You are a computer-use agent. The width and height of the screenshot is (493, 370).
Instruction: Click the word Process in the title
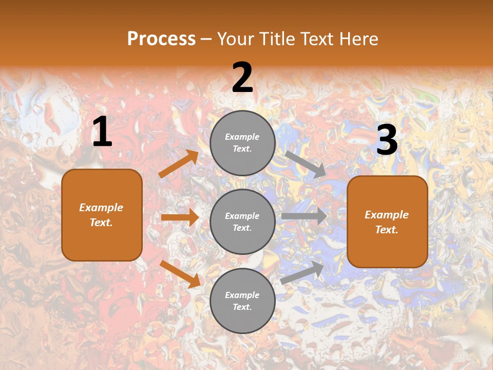point(161,39)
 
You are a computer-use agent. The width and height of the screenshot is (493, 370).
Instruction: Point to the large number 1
point(102,132)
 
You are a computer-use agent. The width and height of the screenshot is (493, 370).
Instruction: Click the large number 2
point(242,78)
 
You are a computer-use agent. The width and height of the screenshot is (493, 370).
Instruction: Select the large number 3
point(387,140)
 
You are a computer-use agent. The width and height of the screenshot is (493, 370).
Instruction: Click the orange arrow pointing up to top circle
point(178,164)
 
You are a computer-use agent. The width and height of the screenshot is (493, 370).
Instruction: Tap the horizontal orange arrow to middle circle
point(180,217)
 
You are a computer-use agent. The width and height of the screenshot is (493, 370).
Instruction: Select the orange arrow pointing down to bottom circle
point(180,273)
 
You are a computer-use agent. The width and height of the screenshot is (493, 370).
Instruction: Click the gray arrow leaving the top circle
point(306,164)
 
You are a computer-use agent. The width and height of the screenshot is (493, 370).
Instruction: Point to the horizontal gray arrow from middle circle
point(304,216)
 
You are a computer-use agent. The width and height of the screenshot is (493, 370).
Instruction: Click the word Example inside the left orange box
point(101,208)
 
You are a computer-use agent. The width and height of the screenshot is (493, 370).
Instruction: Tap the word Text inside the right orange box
point(386,230)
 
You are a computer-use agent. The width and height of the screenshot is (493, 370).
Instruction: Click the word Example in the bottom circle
point(242,295)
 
